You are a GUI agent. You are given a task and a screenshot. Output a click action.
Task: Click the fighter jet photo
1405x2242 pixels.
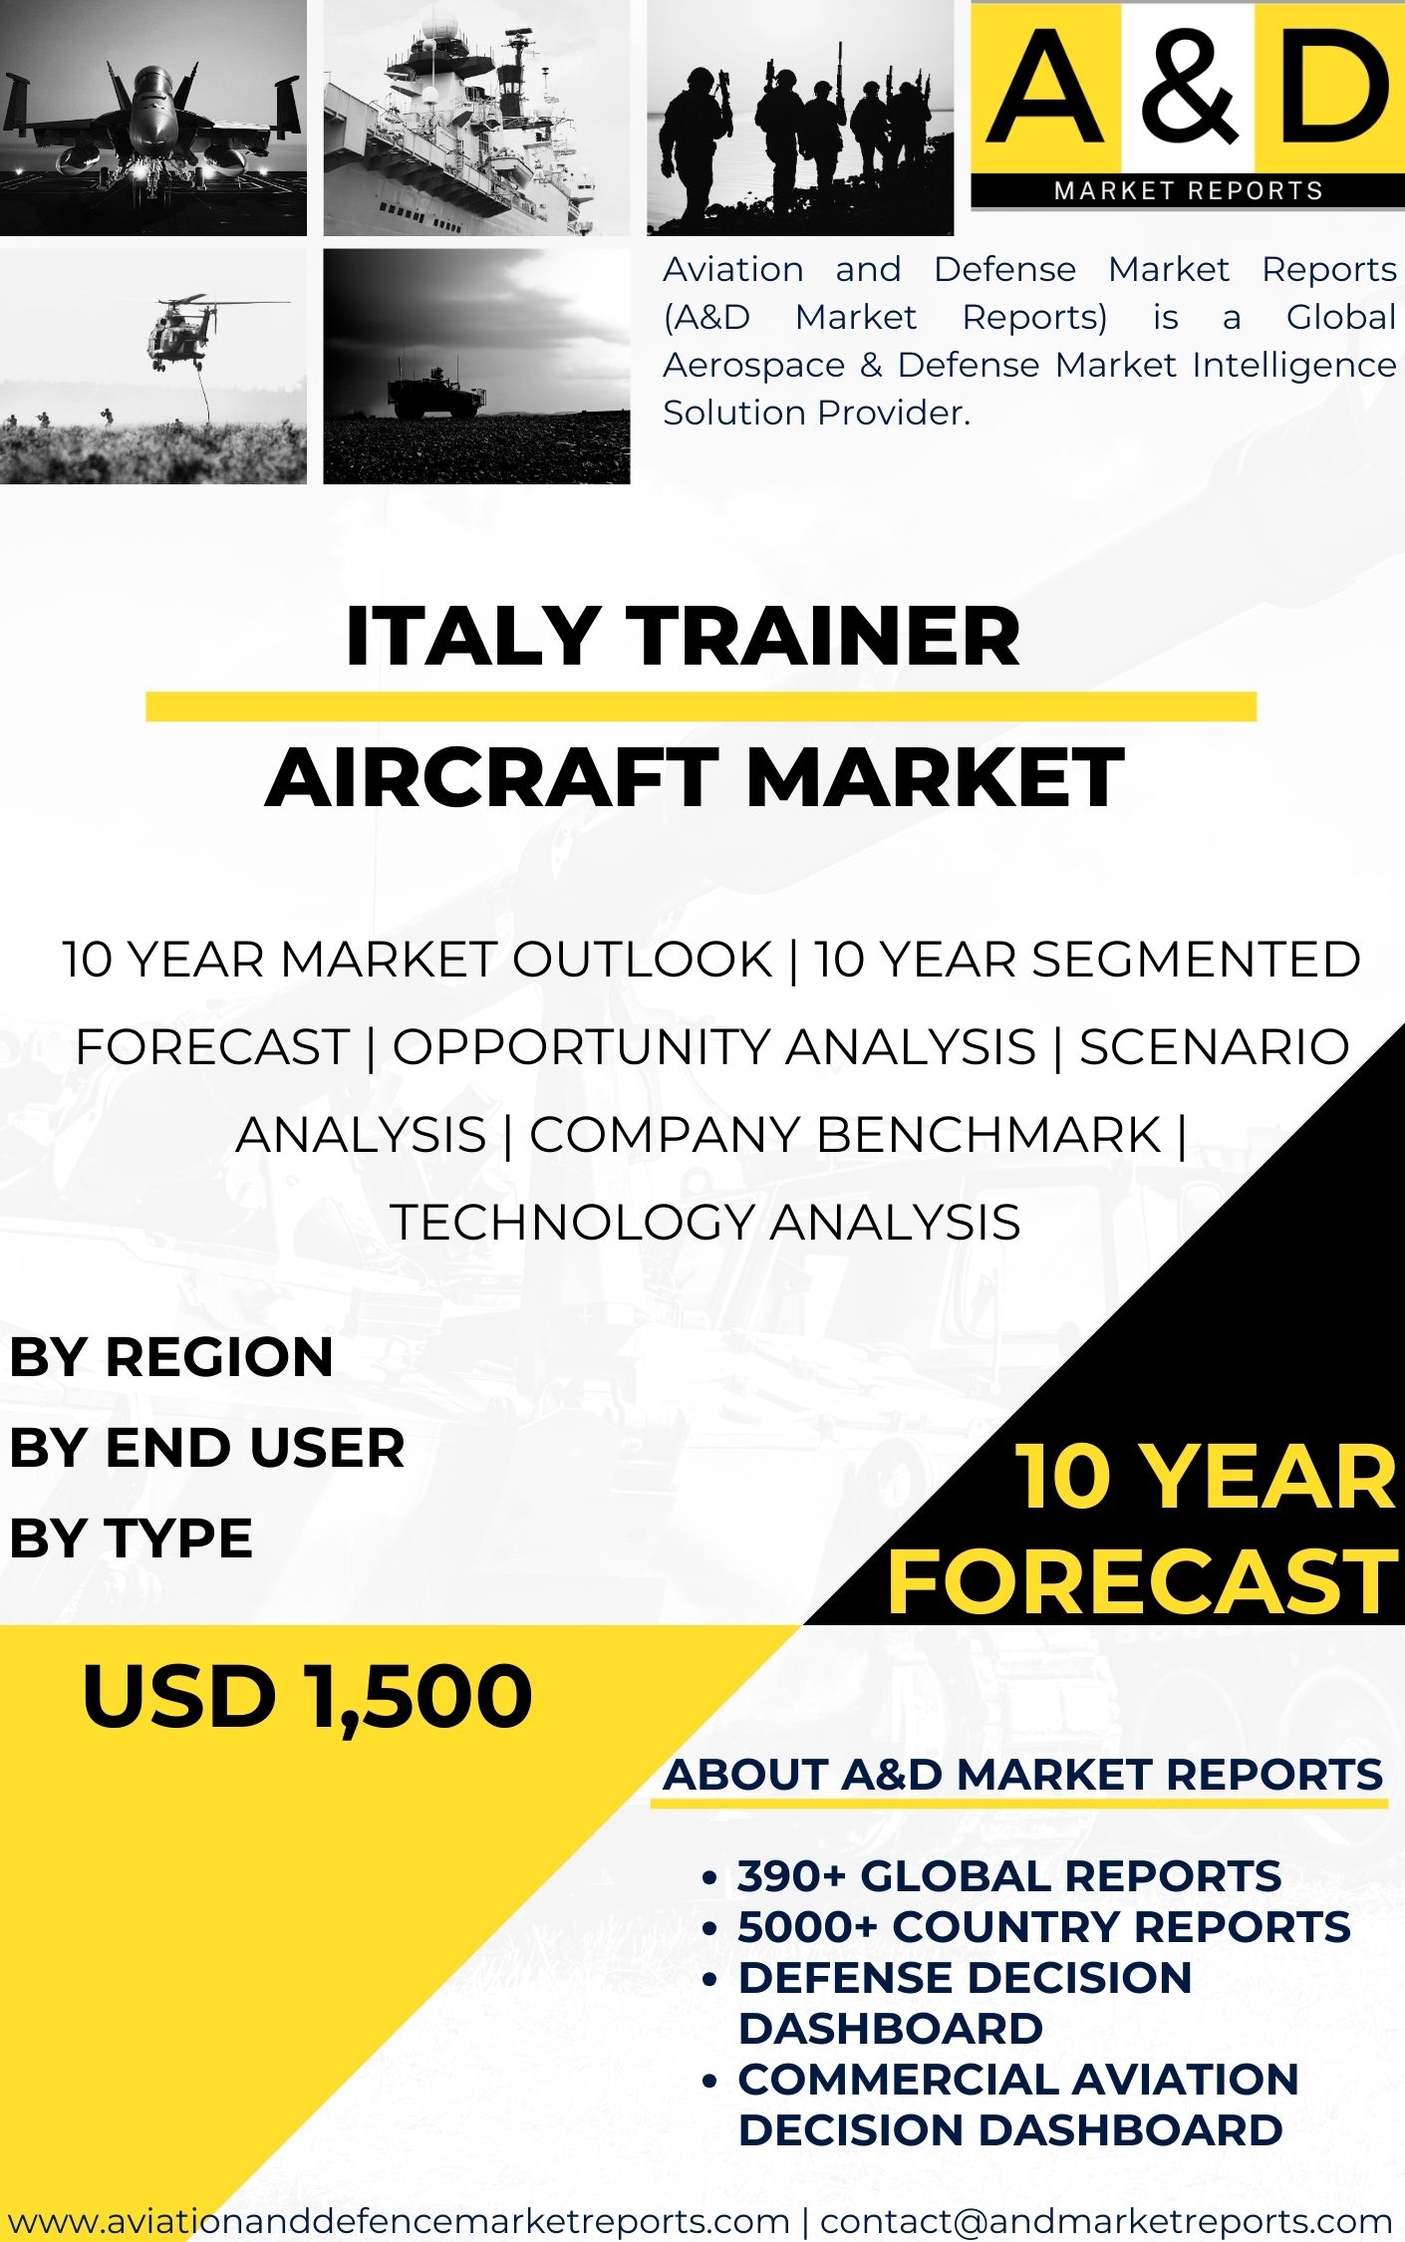(x=153, y=118)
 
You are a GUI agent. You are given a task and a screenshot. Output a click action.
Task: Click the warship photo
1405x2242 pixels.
(x=476, y=118)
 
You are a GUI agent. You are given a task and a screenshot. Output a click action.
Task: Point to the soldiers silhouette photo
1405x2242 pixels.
(x=800, y=118)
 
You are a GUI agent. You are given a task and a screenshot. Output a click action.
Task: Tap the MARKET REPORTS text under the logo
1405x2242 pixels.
(x=1189, y=190)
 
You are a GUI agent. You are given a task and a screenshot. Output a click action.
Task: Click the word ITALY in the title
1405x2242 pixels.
(x=471, y=636)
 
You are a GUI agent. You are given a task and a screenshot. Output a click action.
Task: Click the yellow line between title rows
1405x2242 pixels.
(x=701, y=706)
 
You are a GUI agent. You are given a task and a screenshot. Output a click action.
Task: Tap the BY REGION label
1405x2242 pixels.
(x=171, y=1357)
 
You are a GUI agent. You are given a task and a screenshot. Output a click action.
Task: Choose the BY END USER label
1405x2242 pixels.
(x=207, y=1447)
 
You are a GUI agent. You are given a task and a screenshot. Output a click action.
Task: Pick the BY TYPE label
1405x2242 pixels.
(x=132, y=1537)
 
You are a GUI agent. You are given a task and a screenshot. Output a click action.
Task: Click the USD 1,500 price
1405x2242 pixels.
(x=308, y=1696)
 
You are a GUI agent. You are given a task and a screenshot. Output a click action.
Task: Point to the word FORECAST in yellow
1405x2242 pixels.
(x=1143, y=1581)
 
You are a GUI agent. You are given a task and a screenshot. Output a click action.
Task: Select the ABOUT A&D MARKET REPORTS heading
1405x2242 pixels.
(x=1023, y=1775)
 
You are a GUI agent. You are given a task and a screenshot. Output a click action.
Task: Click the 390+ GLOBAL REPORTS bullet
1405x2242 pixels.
(x=1009, y=1876)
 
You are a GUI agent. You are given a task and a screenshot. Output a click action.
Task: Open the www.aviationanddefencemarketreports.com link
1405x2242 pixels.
(x=399, y=2220)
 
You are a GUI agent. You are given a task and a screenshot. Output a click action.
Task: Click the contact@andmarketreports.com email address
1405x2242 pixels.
(x=1106, y=2220)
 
